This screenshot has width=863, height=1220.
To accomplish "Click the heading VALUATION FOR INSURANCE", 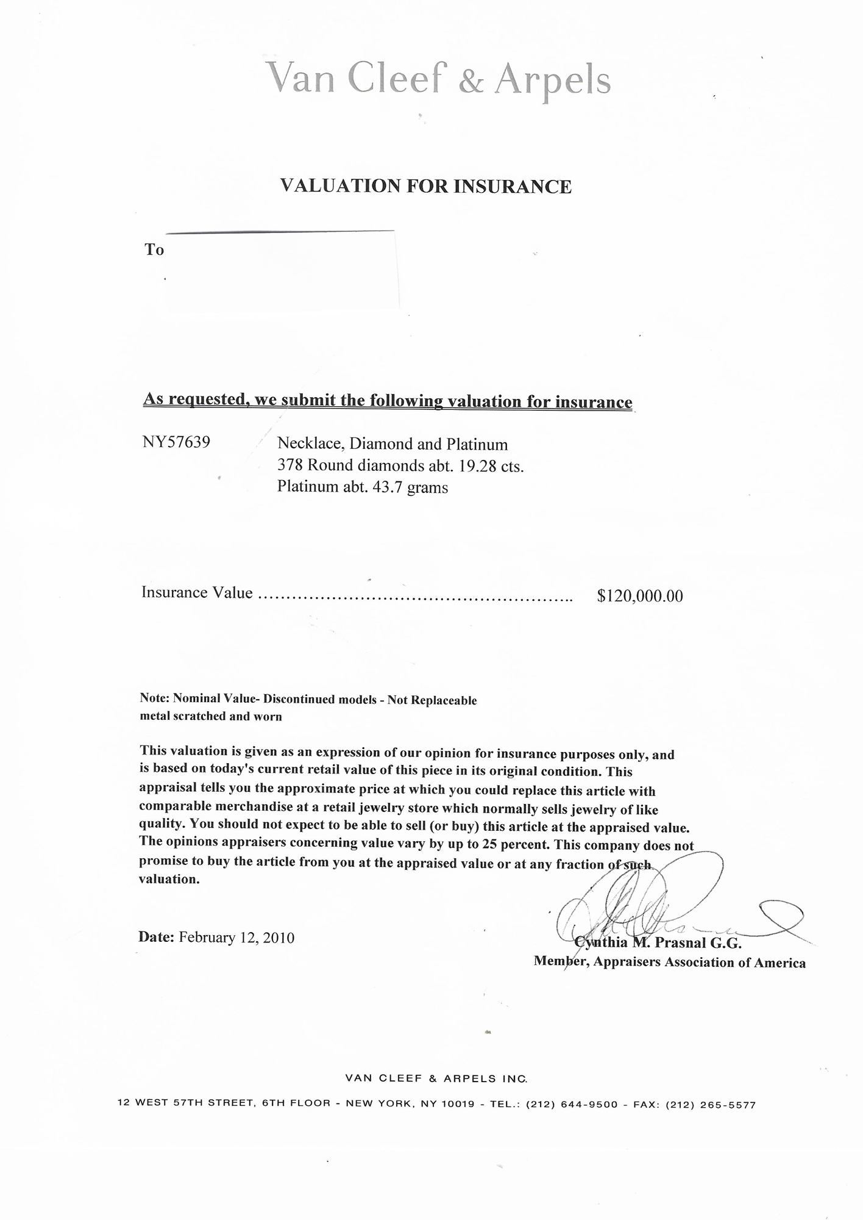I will [x=425, y=186].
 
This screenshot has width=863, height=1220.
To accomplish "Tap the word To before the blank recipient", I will [x=154, y=249].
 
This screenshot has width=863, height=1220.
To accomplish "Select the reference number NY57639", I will [x=176, y=442].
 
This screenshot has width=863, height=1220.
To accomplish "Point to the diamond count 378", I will [x=289, y=465].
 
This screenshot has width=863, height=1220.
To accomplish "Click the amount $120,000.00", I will [x=640, y=595].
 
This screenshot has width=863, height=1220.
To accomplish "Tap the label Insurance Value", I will [x=197, y=592].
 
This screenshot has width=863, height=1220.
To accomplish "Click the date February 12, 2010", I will [x=236, y=938].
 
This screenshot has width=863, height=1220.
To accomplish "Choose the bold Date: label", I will [x=157, y=937].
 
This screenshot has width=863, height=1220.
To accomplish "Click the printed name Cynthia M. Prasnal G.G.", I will [x=658, y=944].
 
